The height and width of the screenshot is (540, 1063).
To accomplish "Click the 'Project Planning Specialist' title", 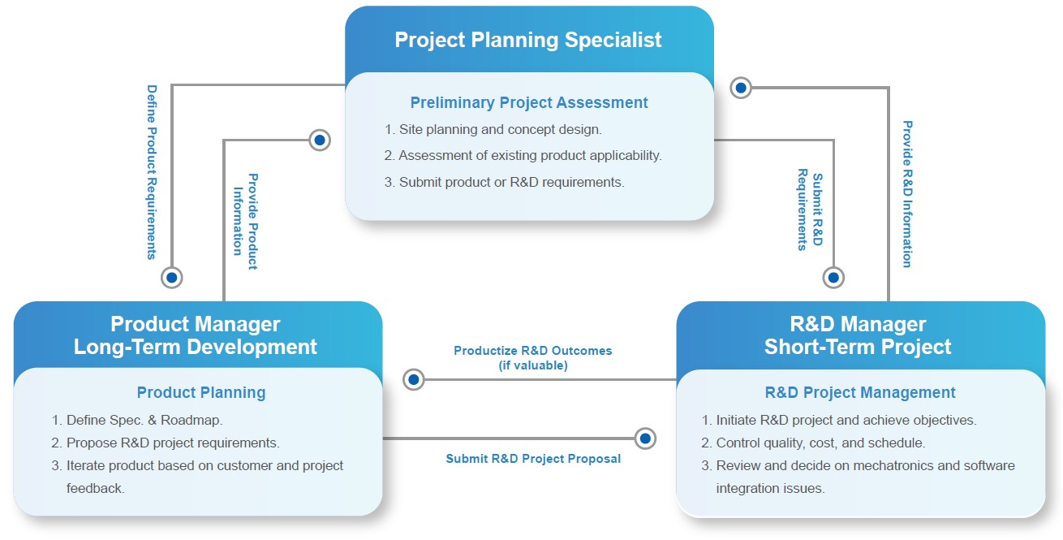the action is pyautogui.click(x=527, y=40).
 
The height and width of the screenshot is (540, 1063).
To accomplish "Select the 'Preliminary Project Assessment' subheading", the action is pyautogui.click(x=528, y=102).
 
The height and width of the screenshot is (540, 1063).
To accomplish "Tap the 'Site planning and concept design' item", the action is pyautogui.click(x=493, y=129).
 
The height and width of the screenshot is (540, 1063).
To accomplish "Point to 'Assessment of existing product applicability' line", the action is pyautogui.click(x=523, y=155).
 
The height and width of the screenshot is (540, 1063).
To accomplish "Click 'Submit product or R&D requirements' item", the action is pyautogui.click(x=505, y=182).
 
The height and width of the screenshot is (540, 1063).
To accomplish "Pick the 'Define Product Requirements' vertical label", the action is pyautogui.click(x=152, y=172).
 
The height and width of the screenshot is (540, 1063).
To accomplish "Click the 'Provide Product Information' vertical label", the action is pyautogui.click(x=246, y=222).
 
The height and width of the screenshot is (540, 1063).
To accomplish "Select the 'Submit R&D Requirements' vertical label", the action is pyautogui.click(x=810, y=210).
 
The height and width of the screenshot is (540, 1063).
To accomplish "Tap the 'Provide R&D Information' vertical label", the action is pyautogui.click(x=907, y=194).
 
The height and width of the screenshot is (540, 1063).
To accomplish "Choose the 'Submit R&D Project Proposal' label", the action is pyautogui.click(x=533, y=458).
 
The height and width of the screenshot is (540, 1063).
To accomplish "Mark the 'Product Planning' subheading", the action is pyautogui.click(x=201, y=392).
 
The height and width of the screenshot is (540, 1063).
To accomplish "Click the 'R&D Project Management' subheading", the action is pyautogui.click(x=860, y=392).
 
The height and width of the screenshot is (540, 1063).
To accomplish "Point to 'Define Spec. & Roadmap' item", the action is pyautogui.click(x=137, y=420).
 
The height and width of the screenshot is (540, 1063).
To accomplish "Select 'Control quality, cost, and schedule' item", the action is pyautogui.click(x=813, y=443).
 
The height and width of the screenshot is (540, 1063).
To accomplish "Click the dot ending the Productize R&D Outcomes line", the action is pyautogui.click(x=413, y=379).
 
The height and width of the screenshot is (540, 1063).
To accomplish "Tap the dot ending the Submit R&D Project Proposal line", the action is pyautogui.click(x=645, y=438).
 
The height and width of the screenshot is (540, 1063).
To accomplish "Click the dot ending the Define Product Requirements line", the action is pyautogui.click(x=172, y=278).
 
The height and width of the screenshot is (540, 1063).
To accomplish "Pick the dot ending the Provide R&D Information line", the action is pyautogui.click(x=741, y=88).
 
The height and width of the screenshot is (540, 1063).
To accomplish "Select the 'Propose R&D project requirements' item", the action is pyautogui.click(x=166, y=443).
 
